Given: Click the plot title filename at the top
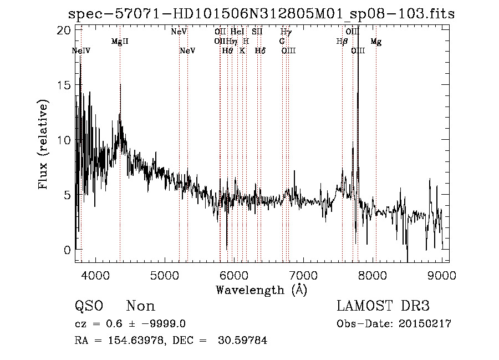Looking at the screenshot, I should [x=261, y=14].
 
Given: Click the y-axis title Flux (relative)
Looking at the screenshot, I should [x=43, y=144].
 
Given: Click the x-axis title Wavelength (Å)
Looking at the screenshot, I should [x=261, y=290].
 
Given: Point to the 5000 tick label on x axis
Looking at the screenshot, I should [x=165, y=275].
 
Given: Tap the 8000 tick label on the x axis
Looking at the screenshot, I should [x=373, y=275].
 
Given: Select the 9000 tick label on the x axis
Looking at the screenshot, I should [x=442, y=275].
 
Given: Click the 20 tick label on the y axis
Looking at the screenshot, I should [x=65, y=30].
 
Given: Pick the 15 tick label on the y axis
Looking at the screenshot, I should [x=65, y=85].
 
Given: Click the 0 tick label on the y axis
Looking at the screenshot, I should [x=68, y=250].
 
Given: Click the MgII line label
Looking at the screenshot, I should [x=120, y=42].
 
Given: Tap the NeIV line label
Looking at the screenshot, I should [x=81, y=51].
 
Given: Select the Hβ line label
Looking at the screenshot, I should [x=342, y=42].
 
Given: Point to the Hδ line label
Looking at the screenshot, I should [x=260, y=51].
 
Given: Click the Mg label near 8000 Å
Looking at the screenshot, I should [x=376, y=42].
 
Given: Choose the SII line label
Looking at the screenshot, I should [x=257, y=32].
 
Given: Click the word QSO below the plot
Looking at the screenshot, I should [x=89, y=306].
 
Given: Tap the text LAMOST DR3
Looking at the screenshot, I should [x=383, y=306].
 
